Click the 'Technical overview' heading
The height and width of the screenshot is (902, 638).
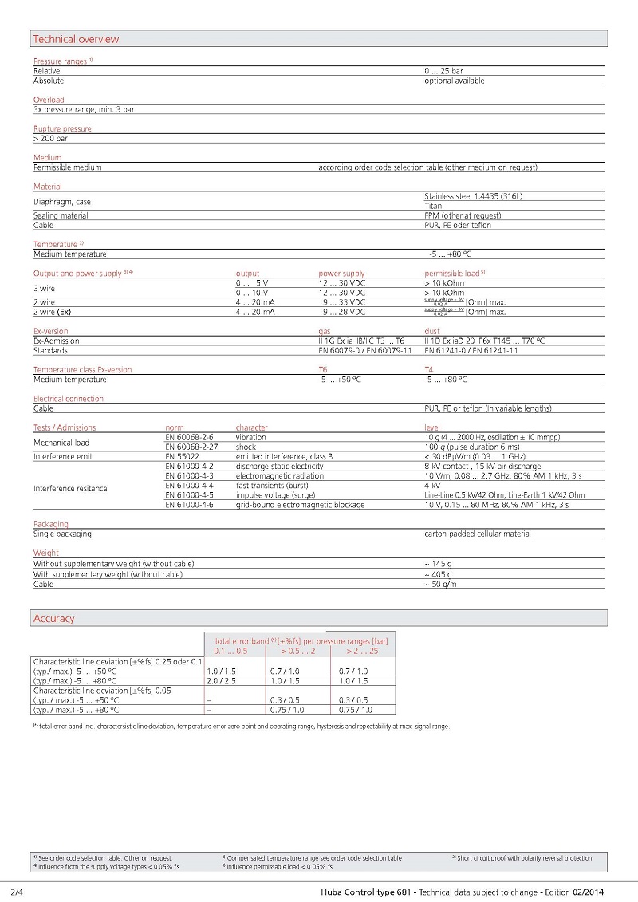76,39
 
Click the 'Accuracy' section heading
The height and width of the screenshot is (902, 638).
53,618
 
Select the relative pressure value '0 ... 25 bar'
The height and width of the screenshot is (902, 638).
443,71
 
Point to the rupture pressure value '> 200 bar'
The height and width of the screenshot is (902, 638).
50,138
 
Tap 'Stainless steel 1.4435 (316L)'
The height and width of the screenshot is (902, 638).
474,196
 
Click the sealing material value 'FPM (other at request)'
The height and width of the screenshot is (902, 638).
463,215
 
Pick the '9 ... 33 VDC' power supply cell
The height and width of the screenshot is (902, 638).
344,302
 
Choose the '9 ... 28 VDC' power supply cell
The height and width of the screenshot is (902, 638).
344,312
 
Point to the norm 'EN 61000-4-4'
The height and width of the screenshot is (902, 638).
189,485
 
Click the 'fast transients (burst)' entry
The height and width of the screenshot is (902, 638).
274,485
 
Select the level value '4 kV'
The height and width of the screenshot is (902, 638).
433,485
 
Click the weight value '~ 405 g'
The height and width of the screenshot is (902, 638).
438,574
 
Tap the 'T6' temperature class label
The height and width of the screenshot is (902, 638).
322,370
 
